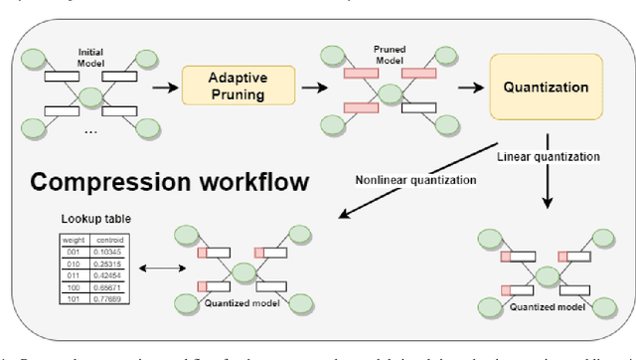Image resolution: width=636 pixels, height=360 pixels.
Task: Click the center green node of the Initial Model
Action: coord(92,97)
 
